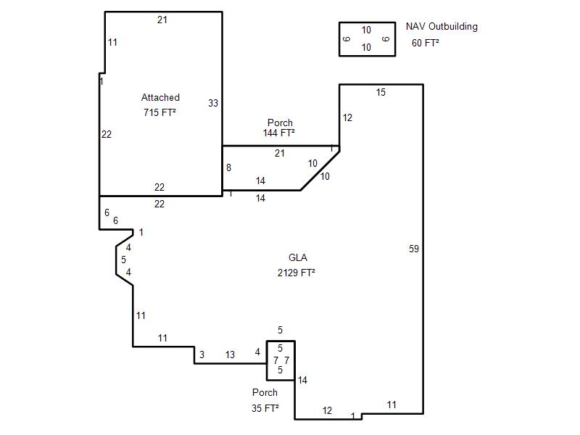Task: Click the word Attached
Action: click(160, 97)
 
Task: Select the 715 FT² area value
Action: click(159, 112)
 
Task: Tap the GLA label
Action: click(298, 257)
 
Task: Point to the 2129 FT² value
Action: click(296, 273)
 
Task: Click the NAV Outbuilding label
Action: click(442, 27)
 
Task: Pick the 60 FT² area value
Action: click(426, 43)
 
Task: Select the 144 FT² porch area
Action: click(279, 133)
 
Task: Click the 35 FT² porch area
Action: click(265, 408)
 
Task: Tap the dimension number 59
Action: click(414, 249)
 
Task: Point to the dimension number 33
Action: click(213, 103)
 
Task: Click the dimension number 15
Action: click(381, 93)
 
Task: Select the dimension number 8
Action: click(228, 167)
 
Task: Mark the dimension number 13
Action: click(230, 355)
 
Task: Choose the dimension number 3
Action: click(202, 355)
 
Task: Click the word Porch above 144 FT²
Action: click(280, 123)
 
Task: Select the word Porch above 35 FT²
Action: click(265, 392)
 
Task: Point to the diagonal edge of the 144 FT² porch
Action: click(320, 170)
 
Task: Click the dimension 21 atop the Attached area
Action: click(162, 20)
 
